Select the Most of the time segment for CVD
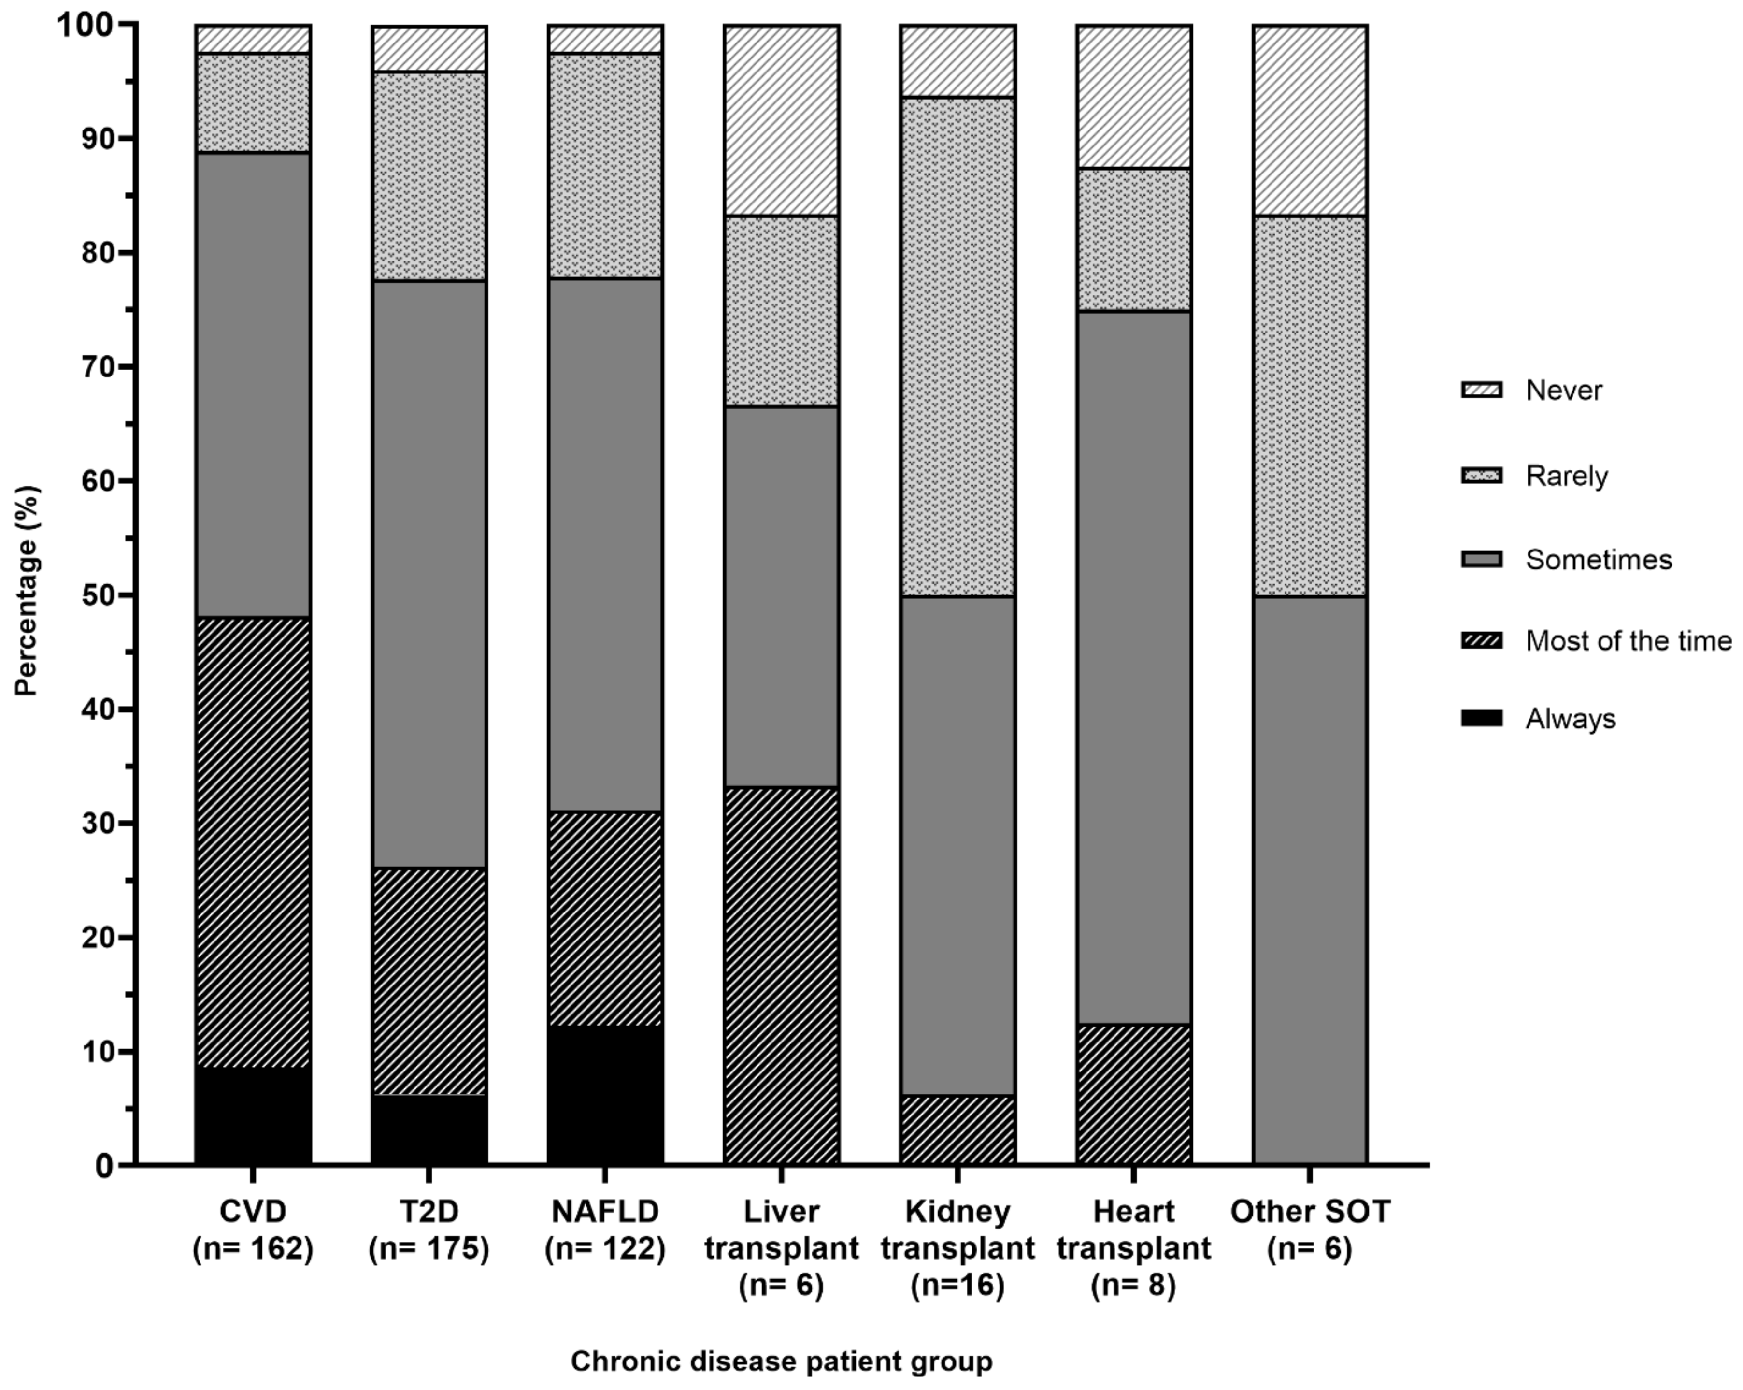click(x=253, y=841)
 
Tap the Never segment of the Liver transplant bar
click(x=781, y=120)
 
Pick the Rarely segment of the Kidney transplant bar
click(x=957, y=346)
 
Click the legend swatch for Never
click(x=1481, y=390)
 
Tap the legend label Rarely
click(x=1566, y=476)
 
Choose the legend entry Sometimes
click(x=1598, y=560)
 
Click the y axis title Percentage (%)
click(x=27, y=590)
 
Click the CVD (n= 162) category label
click(x=253, y=1229)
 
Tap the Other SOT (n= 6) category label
click(x=1310, y=1229)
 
